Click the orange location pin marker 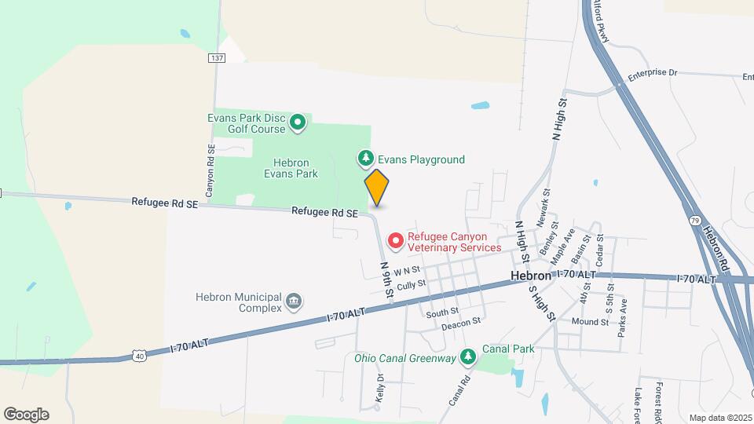(377, 188)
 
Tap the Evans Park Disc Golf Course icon (298, 122)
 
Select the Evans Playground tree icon (365, 159)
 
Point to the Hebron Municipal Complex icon (295, 302)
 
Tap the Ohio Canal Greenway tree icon (467, 358)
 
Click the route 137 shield (218, 58)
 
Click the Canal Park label (508, 349)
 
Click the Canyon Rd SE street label (210, 170)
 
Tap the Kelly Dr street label (381, 388)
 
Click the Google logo (26, 415)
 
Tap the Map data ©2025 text (719, 418)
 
